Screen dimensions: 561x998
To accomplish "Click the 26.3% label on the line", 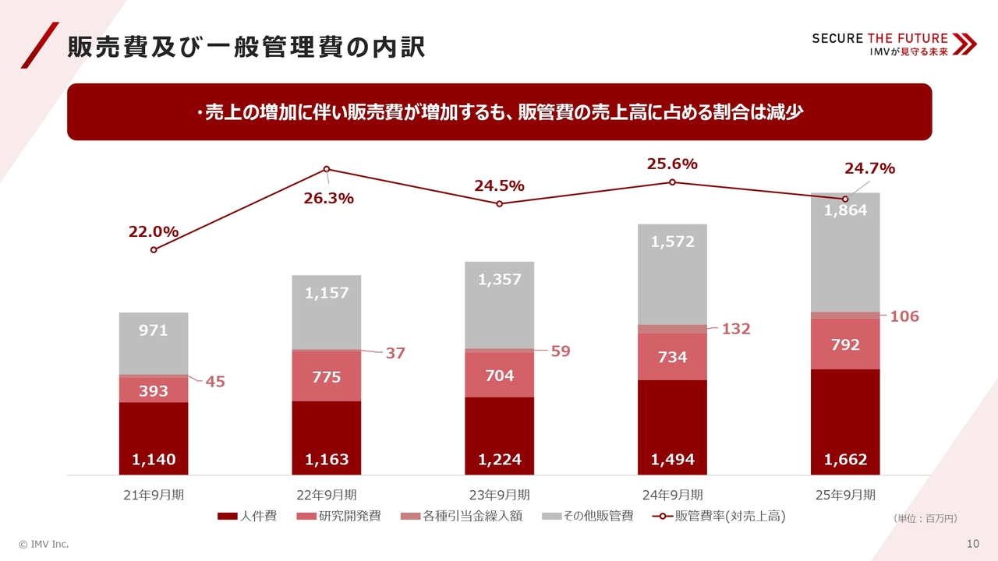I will pyautogui.click(x=327, y=199).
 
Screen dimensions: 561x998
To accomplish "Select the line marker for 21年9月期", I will pyautogui.click(x=154, y=250).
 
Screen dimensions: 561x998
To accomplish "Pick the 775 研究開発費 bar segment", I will pyautogui.click(x=327, y=376).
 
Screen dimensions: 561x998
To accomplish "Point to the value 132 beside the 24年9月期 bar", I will pyautogui.click(x=735, y=329).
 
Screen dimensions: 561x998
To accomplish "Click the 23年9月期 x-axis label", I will pyautogui.click(x=500, y=495).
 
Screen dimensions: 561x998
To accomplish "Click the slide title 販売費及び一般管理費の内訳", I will pyautogui.click(x=246, y=48).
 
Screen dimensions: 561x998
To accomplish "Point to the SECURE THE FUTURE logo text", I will pyautogui.click(x=879, y=38).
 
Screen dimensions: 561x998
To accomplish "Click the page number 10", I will pyautogui.click(x=972, y=543).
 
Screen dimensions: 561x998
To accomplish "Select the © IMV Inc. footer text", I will pyautogui.click(x=44, y=543).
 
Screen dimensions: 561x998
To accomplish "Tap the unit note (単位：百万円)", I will pyautogui.click(x=925, y=518).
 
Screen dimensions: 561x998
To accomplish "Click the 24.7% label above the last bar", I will pyautogui.click(x=869, y=168).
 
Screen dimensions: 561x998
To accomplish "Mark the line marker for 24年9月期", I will pyautogui.click(x=672, y=182).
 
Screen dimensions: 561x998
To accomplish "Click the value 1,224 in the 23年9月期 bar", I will pyautogui.click(x=500, y=460).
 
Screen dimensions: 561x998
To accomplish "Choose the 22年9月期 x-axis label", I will pyautogui.click(x=327, y=495).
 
